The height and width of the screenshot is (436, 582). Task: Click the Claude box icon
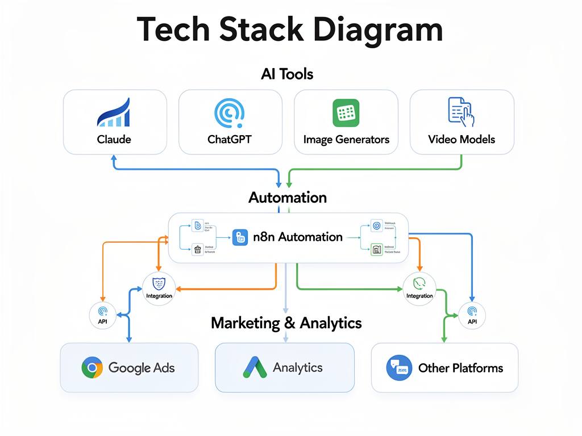pyautogui.click(x=114, y=113)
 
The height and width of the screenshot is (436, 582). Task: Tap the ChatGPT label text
pyautogui.click(x=230, y=139)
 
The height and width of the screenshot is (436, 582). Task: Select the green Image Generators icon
pyautogui.click(x=346, y=113)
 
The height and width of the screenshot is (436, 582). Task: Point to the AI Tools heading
pyautogui.click(x=287, y=74)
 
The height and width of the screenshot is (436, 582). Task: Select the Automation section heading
pyautogui.click(x=288, y=198)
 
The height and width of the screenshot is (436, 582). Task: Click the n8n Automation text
pyautogui.click(x=298, y=237)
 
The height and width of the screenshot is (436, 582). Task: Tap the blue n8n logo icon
pyautogui.click(x=240, y=238)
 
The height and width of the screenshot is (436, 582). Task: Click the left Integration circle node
pyautogui.click(x=159, y=288)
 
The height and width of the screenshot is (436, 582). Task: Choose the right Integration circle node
pyautogui.click(x=419, y=288)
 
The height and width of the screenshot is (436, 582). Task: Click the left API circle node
pyautogui.click(x=103, y=315)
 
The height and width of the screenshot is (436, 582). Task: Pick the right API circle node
pyautogui.click(x=472, y=315)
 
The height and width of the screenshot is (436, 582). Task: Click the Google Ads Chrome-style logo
pyautogui.click(x=92, y=367)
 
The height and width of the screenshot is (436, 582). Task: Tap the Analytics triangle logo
pyautogui.click(x=255, y=368)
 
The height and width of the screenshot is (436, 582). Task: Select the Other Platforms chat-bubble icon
pyautogui.click(x=398, y=368)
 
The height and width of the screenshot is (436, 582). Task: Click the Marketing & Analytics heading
pyautogui.click(x=286, y=323)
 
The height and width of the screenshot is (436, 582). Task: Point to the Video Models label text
pyautogui.click(x=462, y=139)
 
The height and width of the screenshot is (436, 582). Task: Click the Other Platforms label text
pyautogui.click(x=460, y=368)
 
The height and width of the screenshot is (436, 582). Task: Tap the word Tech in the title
pyautogui.click(x=174, y=30)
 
